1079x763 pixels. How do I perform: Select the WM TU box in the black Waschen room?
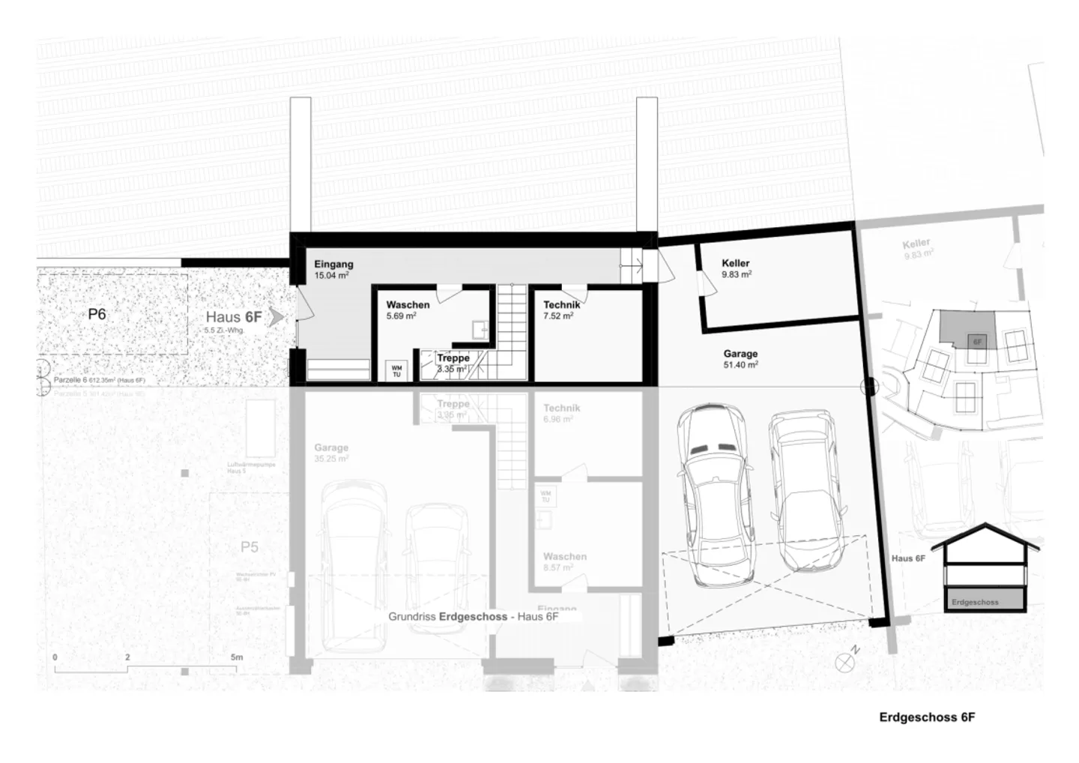coord(396,370)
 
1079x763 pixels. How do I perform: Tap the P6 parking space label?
coord(97,314)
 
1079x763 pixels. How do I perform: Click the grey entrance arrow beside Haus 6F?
coord(276,317)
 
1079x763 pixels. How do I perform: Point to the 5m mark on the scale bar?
coord(237,657)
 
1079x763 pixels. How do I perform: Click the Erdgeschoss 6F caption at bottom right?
coord(927,717)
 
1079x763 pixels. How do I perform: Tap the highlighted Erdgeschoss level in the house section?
coord(984,600)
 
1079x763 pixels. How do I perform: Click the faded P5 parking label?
coord(250,547)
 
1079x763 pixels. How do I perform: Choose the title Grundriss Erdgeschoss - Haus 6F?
coord(473,617)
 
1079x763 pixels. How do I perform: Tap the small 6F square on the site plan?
coord(977,341)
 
